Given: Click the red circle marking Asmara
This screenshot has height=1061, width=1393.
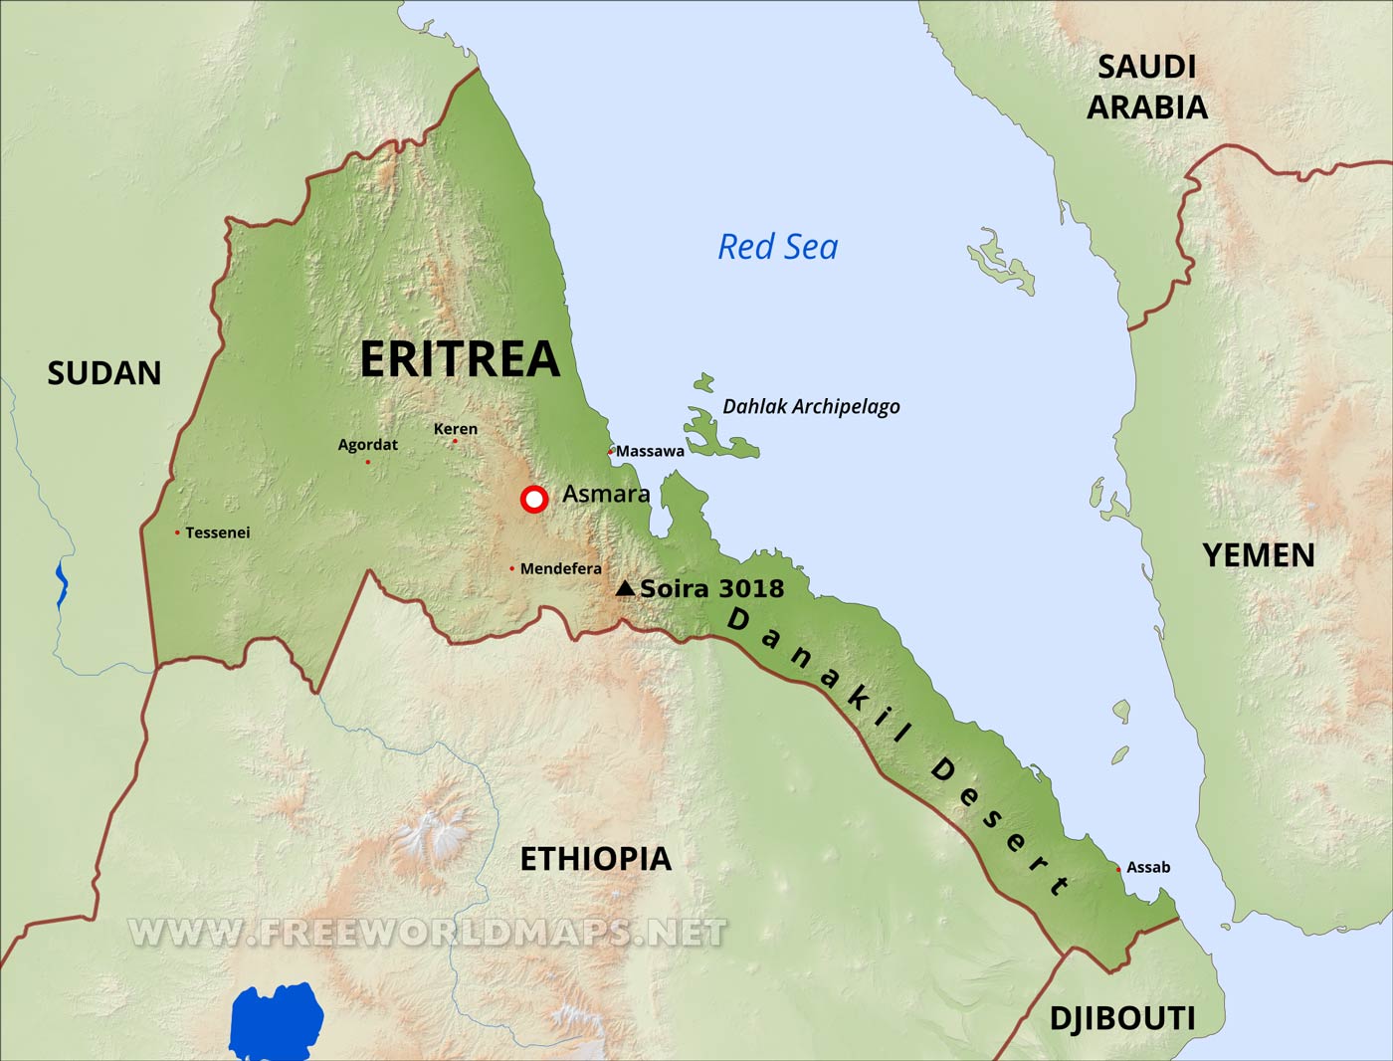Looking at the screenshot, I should tap(534, 499).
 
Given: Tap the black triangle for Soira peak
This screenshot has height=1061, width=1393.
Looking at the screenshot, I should tap(625, 589).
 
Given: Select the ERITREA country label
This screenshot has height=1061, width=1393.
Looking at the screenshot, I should tap(460, 359).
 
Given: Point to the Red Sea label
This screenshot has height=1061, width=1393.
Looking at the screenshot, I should tap(778, 247).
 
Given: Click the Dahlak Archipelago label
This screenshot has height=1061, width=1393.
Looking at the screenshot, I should tap(811, 406).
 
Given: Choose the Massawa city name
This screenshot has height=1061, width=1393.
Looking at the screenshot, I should tap(650, 451).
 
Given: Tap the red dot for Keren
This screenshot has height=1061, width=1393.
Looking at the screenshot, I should tap(455, 441).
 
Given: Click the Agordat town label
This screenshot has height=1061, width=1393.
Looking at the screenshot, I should tap(367, 445).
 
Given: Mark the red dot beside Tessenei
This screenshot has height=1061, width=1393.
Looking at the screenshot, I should tap(177, 532).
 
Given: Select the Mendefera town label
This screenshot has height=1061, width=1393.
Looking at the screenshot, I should tap(560, 568).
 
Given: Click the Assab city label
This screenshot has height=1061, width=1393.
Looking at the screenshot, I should tap(1148, 867).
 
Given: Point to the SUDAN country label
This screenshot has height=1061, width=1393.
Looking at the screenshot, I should tap(104, 373).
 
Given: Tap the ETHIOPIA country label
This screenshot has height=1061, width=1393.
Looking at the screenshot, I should tap(595, 858).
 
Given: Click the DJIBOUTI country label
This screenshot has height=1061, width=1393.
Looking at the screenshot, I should tap(1122, 1018).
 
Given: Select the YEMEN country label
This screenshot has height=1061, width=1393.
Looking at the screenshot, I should tap(1259, 555).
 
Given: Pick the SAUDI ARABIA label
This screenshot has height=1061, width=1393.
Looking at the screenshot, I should tap(1146, 87).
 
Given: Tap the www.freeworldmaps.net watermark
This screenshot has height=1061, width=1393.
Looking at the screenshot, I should tap(428, 932).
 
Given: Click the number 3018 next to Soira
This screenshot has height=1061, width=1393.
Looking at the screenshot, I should tap(746, 588).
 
